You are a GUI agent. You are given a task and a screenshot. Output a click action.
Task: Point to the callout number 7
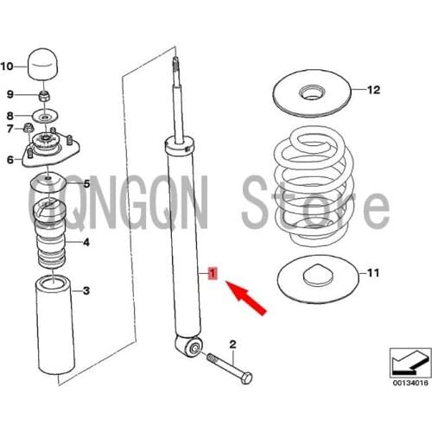(10, 130)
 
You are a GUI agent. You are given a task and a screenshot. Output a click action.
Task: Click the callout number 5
(86, 183)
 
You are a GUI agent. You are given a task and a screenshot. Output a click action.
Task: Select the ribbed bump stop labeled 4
(50, 232)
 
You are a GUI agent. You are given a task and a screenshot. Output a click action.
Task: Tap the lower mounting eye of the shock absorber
(194, 347)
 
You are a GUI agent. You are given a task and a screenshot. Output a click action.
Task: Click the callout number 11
(372, 274)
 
